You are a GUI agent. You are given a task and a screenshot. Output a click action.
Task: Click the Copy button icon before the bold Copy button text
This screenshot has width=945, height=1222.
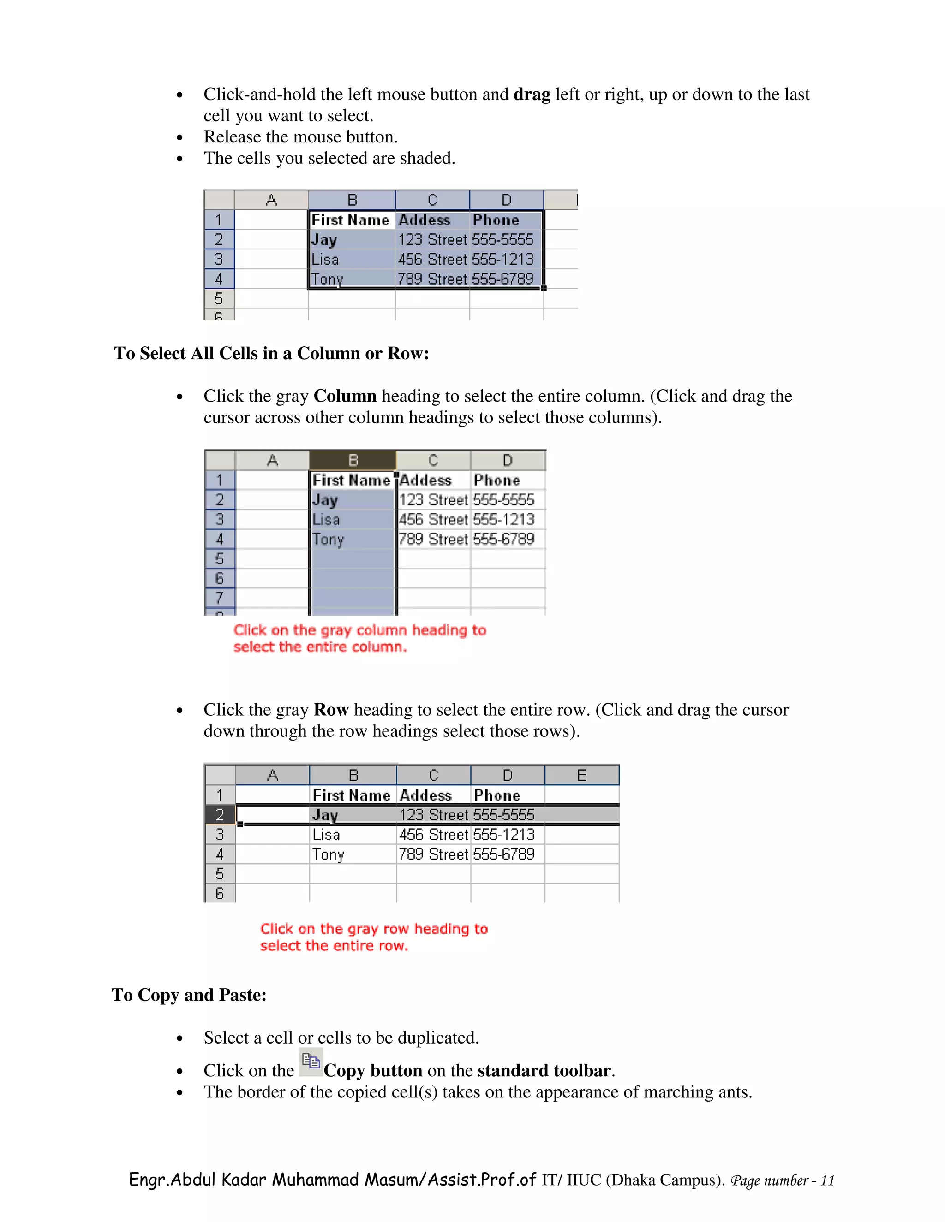tap(311, 1062)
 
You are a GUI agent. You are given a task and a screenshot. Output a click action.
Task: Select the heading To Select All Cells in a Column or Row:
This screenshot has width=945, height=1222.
tap(271, 354)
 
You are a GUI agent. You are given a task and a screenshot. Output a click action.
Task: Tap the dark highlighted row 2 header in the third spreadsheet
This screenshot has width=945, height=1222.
tap(220, 815)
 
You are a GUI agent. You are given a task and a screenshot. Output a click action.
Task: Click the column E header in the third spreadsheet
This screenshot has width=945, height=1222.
tap(582, 776)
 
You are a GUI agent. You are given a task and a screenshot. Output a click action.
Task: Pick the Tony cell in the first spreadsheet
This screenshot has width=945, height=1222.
tap(327, 279)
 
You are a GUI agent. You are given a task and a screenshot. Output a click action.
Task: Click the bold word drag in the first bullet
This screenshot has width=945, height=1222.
tap(532, 95)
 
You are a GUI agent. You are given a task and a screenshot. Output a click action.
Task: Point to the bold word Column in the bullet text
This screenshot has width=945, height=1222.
tap(345, 396)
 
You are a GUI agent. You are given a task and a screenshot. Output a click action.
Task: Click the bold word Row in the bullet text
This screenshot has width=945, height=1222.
tap(331, 710)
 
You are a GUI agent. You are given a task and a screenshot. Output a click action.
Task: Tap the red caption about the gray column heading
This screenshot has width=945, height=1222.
tap(359, 638)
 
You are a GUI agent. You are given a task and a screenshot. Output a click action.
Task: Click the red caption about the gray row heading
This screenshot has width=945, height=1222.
tap(373, 937)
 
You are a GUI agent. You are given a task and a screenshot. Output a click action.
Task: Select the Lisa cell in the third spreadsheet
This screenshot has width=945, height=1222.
tap(326, 835)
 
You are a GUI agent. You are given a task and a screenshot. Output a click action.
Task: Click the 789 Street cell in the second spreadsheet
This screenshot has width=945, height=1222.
tap(433, 540)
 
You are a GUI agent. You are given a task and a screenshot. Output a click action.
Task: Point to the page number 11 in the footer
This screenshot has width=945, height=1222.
tap(827, 1181)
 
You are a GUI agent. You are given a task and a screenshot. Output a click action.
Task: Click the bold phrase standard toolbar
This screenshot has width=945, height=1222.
tap(544, 1071)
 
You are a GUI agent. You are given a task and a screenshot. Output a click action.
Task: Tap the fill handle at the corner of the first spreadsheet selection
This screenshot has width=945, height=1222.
tap(543, 288)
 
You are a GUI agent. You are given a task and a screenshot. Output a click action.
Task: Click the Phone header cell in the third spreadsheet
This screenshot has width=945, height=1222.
tap(497, 795)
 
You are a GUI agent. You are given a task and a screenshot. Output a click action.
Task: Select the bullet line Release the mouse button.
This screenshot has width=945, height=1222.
tap(301, 137)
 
